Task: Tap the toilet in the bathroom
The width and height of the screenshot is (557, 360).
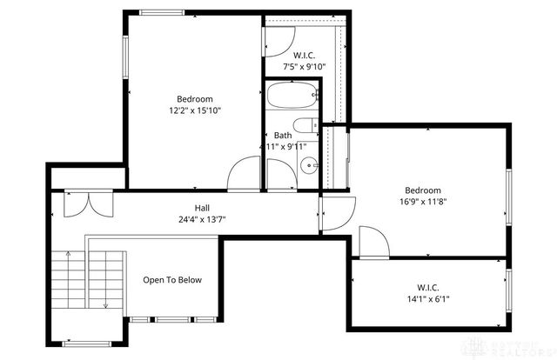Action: coord(305,125)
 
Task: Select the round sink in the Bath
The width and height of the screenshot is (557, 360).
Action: coord(307,165)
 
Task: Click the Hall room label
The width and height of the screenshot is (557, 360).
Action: coord(201,208)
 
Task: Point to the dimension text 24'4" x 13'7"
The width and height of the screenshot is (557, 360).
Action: coord(201,219)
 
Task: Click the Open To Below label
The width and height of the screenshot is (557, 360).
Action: coord(172,280)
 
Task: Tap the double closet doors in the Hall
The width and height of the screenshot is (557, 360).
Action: coord(88,203)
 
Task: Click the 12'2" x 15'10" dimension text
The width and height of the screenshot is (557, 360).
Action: coord(195,110)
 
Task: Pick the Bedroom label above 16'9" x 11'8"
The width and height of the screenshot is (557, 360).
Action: coord(422,190)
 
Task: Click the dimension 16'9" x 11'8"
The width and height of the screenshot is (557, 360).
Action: coord(422,202)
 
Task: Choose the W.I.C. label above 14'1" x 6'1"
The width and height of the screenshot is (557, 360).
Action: coord(427,288)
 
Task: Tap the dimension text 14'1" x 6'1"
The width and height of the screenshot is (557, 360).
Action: coord(427,300)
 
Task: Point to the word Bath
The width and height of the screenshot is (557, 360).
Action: coord(283,136)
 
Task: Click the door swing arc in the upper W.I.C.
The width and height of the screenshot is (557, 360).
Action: coord(280,41)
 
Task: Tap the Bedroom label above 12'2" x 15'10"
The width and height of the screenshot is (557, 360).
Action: coord(195,99)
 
